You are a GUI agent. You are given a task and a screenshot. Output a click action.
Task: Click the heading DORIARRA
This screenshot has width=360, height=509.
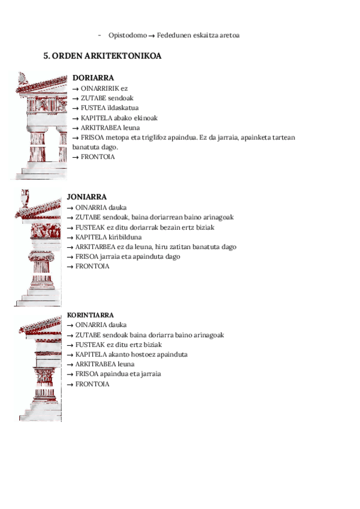point(93,78)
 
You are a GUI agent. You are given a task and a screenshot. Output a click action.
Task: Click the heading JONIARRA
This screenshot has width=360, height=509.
point(87,197)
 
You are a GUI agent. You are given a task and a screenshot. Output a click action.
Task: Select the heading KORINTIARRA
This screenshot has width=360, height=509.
point(91,315)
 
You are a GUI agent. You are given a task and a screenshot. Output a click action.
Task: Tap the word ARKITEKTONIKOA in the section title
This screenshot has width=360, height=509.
point(130,56)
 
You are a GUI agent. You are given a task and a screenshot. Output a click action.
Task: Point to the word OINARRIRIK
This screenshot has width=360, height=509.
point(100,88)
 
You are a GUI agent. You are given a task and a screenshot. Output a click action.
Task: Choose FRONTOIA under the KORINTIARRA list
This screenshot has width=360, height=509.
point(92,384)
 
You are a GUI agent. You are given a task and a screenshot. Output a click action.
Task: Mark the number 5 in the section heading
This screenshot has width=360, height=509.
point(46,56)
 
